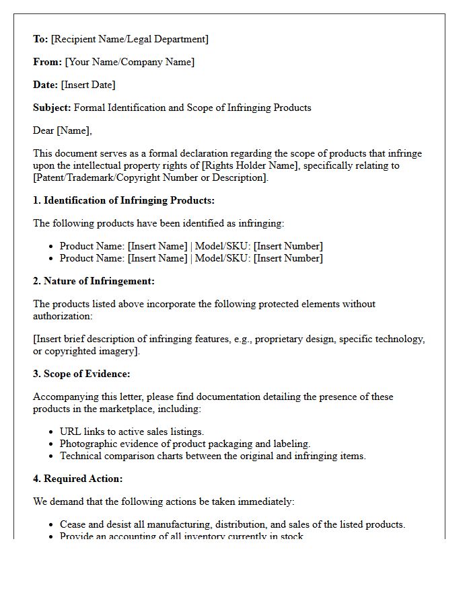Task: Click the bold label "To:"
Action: (x=40, y=39)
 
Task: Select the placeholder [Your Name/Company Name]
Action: (x=129, y=62)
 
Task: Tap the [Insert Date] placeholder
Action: (x=88, y=85)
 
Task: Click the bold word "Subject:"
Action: (x=52, y=108)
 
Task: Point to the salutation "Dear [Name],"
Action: (x=63, y=130)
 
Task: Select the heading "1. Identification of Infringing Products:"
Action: (x=124, y=200)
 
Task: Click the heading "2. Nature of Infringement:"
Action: (x=94, y=281)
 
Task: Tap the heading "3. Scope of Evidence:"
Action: (x=81, y=374)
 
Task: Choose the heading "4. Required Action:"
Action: (x=77, y=479)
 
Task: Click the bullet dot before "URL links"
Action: (x=51, y=432)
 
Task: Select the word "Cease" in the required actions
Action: (x=73, y=524)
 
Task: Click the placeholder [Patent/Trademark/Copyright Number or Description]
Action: (x=150, y=177)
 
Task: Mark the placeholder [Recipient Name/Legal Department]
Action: (x=129, y=39)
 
